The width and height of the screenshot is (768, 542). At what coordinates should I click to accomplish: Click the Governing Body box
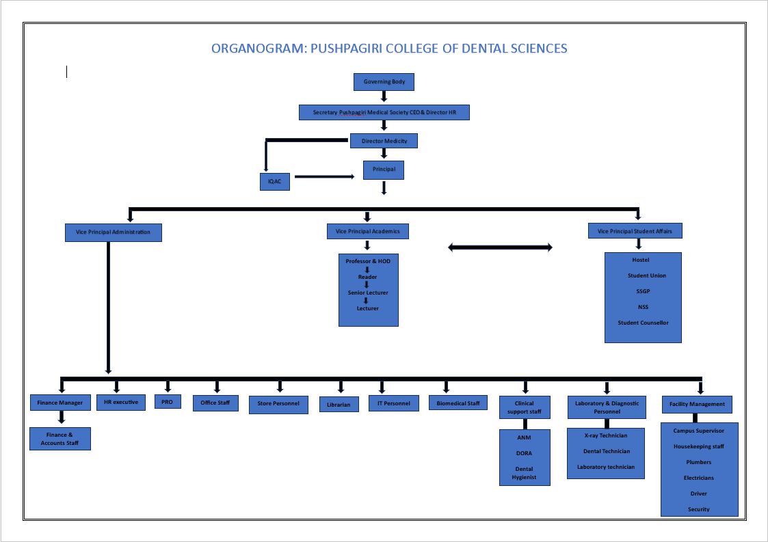point(384,82)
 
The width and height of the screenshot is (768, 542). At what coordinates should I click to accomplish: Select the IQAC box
point(275,181)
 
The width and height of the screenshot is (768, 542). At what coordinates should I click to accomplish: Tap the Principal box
point(384,170)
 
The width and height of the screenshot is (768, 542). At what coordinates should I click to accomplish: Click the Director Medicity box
point(384,141)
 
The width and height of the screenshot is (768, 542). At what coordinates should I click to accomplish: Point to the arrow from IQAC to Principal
point(324,177)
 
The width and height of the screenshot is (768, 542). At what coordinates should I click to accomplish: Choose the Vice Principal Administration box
point(113,232)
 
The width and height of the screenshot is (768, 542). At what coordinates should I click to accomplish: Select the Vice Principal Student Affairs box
point(635,230)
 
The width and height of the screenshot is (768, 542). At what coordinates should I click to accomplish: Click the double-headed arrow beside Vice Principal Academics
point(500,247)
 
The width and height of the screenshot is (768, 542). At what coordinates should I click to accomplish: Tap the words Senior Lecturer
point(368,293)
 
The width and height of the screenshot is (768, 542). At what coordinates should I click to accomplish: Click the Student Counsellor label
point(643,323)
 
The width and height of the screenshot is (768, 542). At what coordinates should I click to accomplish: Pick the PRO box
point(168,402)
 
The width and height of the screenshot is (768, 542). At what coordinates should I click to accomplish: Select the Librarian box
point(339,405)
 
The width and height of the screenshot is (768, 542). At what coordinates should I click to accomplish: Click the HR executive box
point(121,403)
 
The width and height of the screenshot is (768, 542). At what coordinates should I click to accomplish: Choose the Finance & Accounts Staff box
point(60,439)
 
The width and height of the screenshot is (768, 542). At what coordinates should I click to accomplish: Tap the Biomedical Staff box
point(458,403)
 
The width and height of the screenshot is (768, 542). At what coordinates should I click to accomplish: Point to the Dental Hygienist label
point(524,473)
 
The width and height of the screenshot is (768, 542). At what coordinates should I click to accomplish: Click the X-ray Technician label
point(606,435)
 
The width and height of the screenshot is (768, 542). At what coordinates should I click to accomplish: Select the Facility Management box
point(697,405)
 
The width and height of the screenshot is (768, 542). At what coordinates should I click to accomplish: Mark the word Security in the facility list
point(698,509)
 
